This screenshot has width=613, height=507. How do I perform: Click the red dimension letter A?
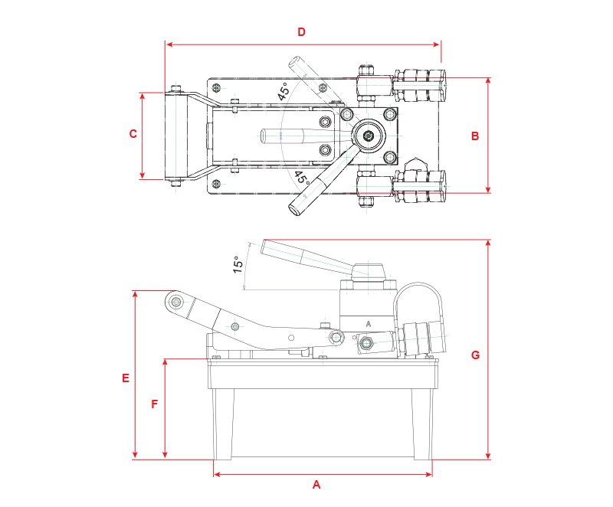coord(316,485)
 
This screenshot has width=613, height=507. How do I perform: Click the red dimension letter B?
coord(475,136)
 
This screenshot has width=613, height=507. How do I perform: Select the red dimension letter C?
coord(133,133)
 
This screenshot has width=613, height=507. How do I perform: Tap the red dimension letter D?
coord(301,32)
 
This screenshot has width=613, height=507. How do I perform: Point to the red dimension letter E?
coord(125,378)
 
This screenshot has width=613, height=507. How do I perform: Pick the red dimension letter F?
coord(155,404)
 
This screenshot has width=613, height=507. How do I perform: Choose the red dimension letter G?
coord(475,355)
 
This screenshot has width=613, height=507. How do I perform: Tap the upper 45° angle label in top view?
coord(284,93)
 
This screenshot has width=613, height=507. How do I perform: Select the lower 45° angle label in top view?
coord(301,178)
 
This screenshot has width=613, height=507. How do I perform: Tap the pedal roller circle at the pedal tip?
coord(178,303)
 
